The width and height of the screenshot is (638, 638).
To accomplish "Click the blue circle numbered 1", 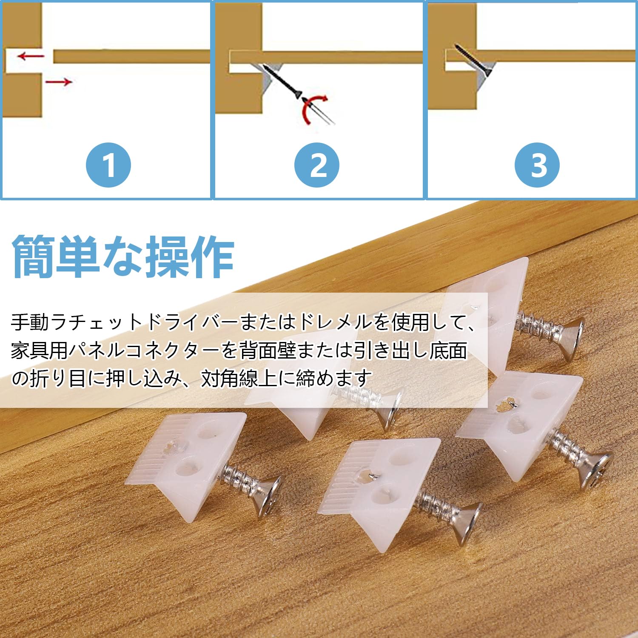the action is coord(108,165).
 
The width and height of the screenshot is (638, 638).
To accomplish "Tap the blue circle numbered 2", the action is coord(317,165).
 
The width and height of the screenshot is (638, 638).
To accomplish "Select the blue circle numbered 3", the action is coord(537,165).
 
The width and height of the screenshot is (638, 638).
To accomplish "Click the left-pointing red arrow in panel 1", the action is coord(31,55).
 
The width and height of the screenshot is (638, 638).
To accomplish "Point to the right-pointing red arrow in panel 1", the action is coord(59,81).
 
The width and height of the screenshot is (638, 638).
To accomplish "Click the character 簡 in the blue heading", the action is coord(34,257).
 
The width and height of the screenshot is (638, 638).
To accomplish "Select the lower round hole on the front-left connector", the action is coord(187,468).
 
